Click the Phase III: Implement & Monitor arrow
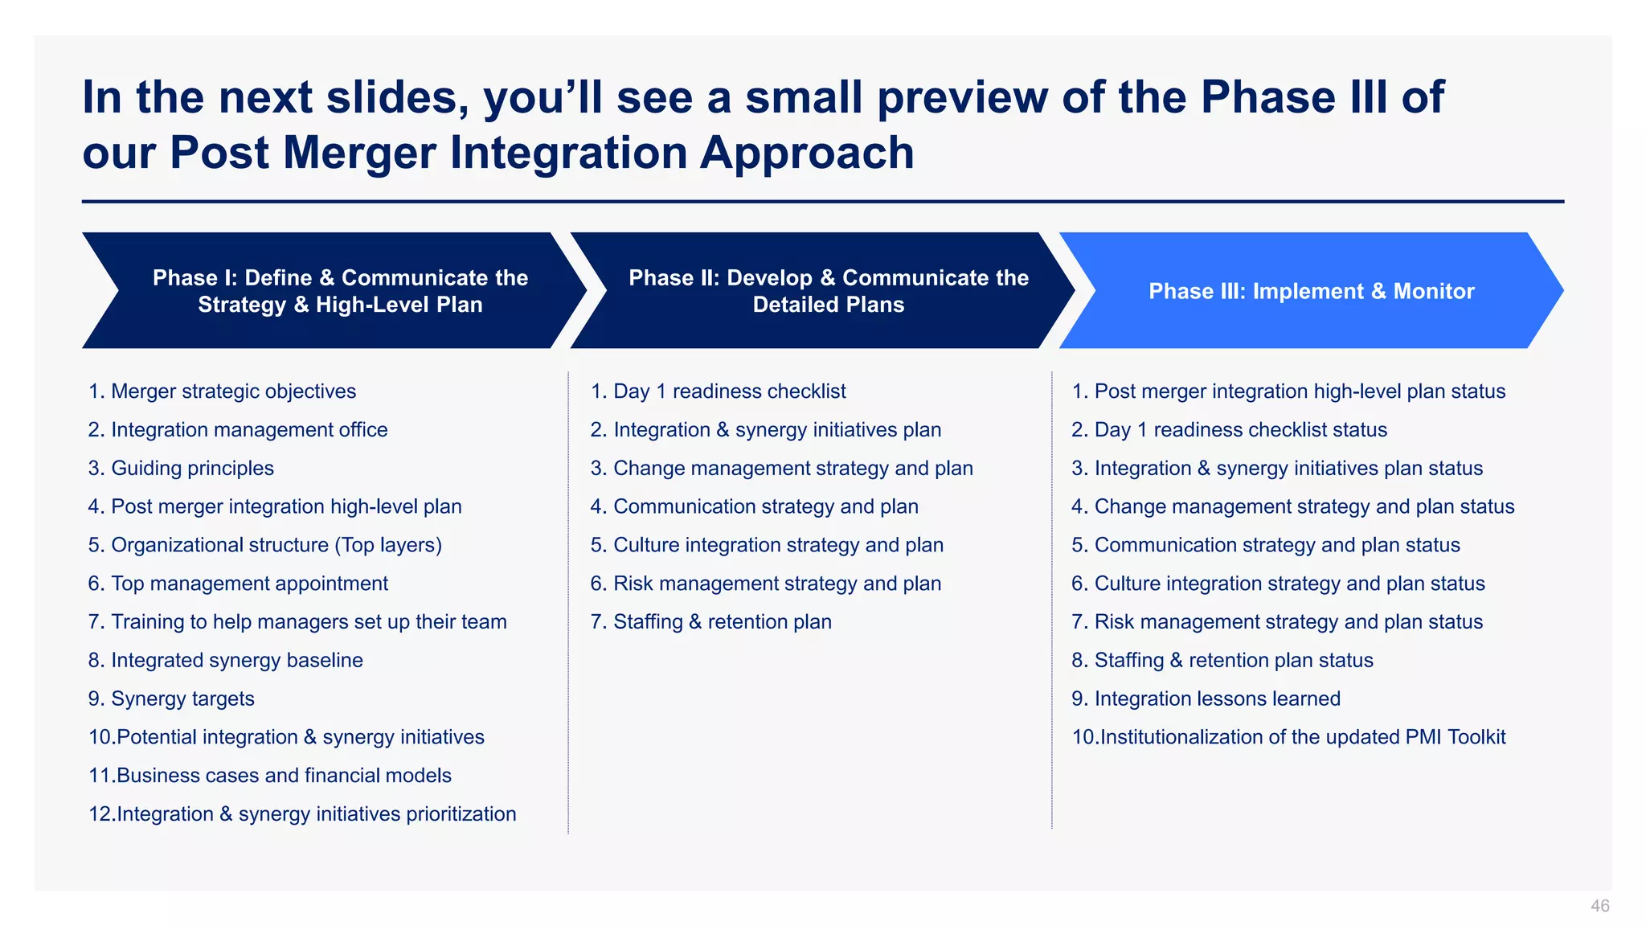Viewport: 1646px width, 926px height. [1311, 291]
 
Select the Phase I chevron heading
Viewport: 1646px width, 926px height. [340, 291]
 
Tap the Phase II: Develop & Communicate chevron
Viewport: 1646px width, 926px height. [828, 291]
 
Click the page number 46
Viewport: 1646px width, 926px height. [1599, 906]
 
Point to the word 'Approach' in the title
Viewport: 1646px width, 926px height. [807, 153]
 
